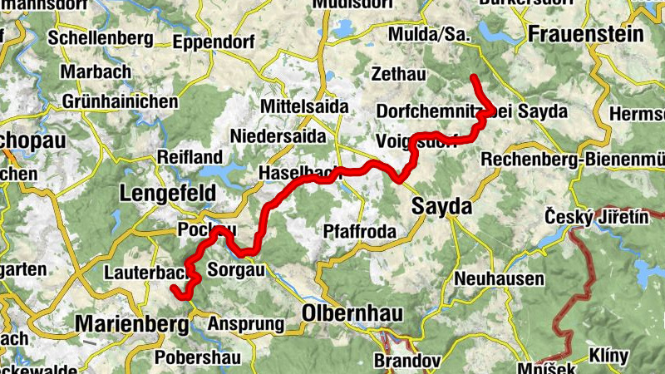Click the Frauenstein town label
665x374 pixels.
point(586,35)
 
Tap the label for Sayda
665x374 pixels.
point(441,207)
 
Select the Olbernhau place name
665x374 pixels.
point(352,315)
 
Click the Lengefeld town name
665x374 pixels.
point(168,193)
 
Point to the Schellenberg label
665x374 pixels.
point(101,38)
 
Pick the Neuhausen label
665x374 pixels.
point(500,278)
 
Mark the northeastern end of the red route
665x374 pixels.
point(473,77)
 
